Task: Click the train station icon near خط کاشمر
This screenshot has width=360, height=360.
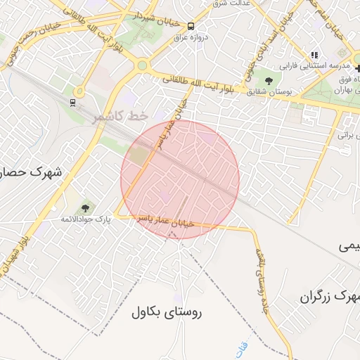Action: tap(72, 102)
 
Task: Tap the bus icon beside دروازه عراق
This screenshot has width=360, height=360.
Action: tap(192, 27)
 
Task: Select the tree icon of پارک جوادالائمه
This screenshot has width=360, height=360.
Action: tap(86, 208)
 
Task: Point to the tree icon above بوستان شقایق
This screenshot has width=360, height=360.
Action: tap(270, 77)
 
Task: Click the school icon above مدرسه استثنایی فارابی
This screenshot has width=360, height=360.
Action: tap(314, 55)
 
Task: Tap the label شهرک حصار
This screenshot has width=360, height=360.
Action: tap(31, 172)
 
